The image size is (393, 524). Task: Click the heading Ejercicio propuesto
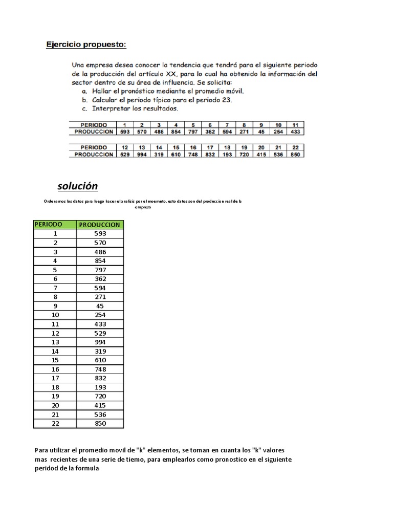tap(86, 45)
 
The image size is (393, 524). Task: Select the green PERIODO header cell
tap(49, 224)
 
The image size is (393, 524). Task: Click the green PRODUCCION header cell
tap(100, 224)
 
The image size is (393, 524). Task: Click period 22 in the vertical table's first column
tap(55, 423)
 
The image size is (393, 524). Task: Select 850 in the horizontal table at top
tap(295, 154)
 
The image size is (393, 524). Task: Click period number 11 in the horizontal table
tap(295, 124)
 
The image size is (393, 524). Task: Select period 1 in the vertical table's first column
tap(55, 233)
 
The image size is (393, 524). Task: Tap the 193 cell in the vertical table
tap(100, 387)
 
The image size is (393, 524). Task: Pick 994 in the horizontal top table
tap(142, 154)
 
